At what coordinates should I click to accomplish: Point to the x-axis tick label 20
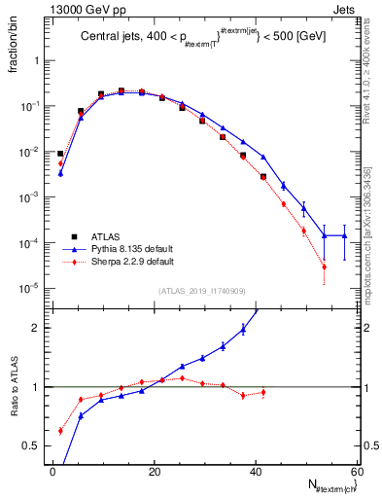point(154,472)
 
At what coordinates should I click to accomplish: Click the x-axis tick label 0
point(52,472)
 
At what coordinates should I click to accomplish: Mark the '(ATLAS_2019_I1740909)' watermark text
point(201,291)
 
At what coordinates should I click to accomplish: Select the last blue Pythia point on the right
point(344,235)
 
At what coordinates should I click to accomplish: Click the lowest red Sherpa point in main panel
point(324,267)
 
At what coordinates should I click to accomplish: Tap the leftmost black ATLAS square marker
point(60,154)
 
